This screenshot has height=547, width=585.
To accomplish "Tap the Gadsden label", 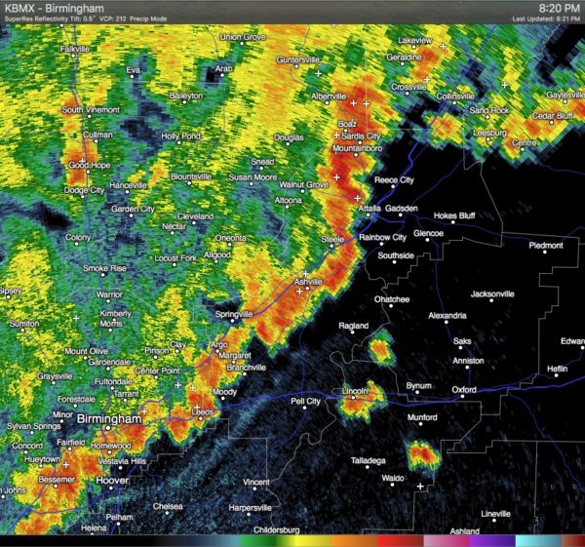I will tap(400, 210).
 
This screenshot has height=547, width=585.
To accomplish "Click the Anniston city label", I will tap(468, 361).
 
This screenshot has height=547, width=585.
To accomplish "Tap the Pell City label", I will tap(305, 401).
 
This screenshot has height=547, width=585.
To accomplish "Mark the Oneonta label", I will tap(231, 238).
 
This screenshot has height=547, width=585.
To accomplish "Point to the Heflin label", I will tap(558, 369).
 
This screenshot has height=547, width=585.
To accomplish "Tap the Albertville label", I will tap(329, 97).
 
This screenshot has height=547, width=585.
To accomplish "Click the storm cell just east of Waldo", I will tap(423, 453).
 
